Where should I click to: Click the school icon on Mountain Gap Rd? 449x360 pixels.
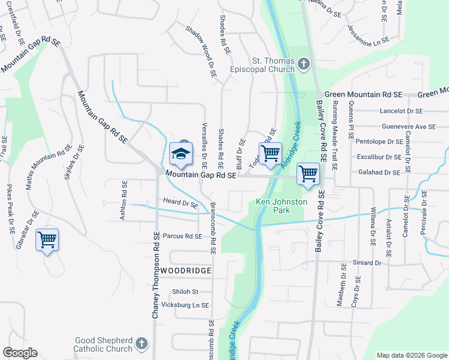tap(180, 154)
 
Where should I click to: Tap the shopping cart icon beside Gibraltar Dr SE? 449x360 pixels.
tap(47, 241)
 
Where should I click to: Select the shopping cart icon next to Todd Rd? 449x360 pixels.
tap(270, 153)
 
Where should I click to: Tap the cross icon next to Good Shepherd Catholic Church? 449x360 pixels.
tap(141, 343)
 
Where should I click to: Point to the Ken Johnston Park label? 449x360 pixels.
tap(282, 206)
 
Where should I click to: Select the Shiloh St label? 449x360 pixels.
tap(185, 292)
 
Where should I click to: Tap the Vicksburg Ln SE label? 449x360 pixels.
tap(188, 305)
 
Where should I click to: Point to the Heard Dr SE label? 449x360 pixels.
tap(180, 203)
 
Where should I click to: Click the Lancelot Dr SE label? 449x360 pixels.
tap(402, 111)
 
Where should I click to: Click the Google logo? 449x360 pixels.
tap(20, 353)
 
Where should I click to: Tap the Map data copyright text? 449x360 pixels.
tap(410, 355)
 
